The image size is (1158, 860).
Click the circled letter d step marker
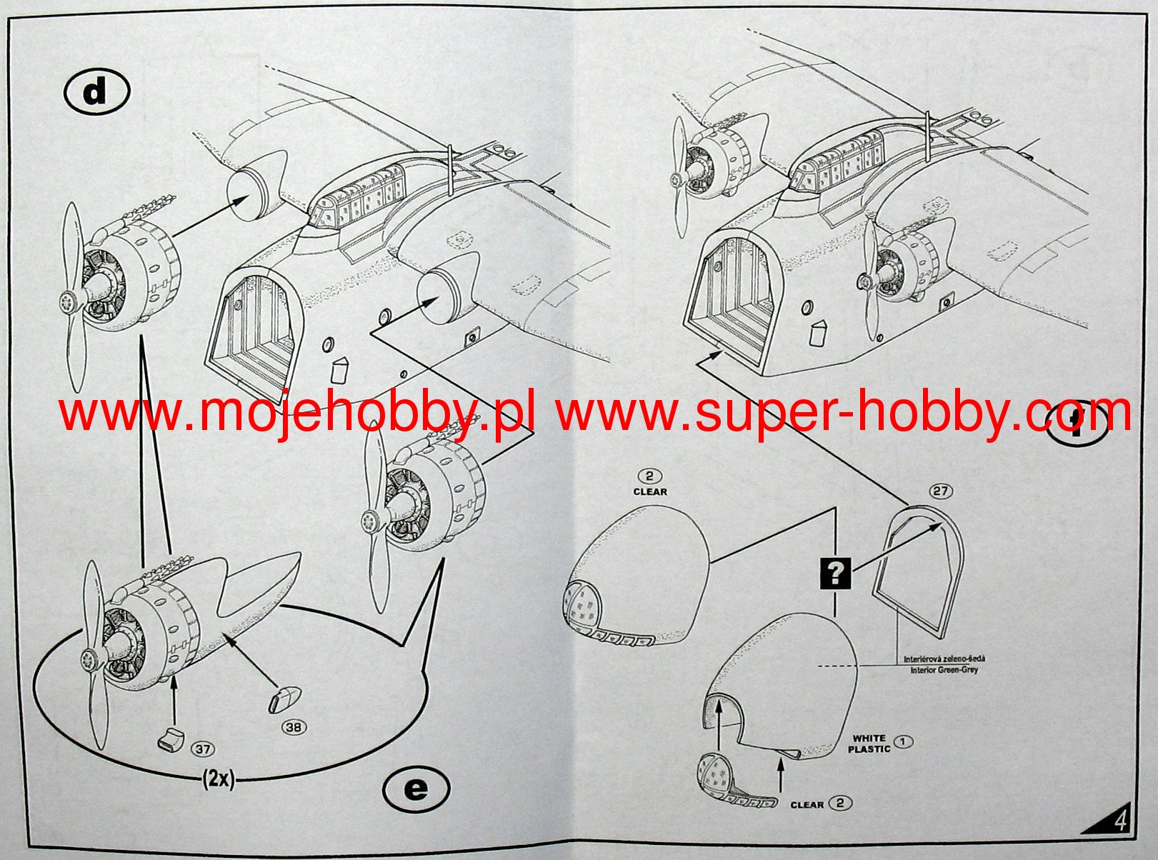coord(96,94)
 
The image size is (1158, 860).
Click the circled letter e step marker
coord(416,789)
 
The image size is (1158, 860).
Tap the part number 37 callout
coord(202,749)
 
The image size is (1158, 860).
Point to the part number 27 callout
coord(940,491)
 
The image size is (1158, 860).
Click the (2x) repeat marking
coord(218,779)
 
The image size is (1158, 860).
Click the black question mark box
coord(836,572)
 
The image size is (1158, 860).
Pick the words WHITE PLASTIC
coord(869,744)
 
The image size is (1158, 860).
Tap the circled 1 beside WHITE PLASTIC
coord(903,741)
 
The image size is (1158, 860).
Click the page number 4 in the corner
coord(1120,820)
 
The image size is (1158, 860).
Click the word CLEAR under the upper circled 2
coord(649,491)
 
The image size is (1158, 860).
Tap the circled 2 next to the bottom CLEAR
coord(840,803)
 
